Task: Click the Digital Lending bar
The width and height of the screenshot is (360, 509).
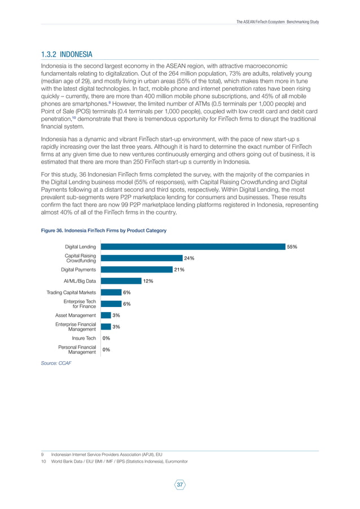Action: pos(192,247)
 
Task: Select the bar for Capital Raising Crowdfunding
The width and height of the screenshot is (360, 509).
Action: pos(141,258)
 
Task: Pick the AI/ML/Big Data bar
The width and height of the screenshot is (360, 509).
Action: pos(120,281)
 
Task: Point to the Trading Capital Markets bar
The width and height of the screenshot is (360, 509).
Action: pos(110,292)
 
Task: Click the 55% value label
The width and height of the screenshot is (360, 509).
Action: pos(292,247)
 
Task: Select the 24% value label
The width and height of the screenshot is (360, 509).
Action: pos(189,258)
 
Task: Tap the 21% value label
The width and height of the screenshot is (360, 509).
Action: pos(179,270)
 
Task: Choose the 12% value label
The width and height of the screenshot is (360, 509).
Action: pos(148,281)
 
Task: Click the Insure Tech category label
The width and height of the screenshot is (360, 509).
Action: pos(84,339)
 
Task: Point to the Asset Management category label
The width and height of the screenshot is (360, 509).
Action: pos(75,315)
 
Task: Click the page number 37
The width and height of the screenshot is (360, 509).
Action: pos(180,485)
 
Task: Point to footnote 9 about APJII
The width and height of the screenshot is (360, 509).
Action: pos(107,454)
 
